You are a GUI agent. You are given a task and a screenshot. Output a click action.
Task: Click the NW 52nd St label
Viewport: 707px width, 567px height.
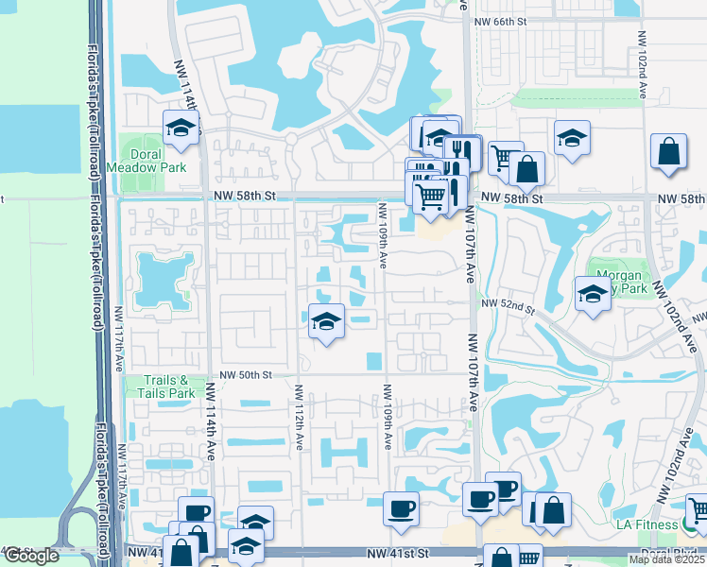tap(507, 304)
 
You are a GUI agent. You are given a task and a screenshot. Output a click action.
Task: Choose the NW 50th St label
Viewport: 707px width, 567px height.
tap(245, 375)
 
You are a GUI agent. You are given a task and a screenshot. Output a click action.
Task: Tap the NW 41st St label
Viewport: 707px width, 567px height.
tap(398, 552)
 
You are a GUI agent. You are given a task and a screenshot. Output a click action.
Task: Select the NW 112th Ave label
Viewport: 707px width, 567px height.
tap(298, 417)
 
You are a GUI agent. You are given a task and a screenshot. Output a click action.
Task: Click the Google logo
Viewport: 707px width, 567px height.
tap(31, 556)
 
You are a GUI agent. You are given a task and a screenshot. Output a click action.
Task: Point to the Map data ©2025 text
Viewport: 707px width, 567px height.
tap(667, 559)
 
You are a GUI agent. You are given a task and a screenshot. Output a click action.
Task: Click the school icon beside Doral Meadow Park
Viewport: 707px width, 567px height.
tap(180, 128)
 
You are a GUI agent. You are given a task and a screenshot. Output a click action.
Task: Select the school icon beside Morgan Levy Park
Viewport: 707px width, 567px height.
tap(593, 292)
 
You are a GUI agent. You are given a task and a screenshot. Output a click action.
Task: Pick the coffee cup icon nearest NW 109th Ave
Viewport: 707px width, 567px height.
tap(401, 508)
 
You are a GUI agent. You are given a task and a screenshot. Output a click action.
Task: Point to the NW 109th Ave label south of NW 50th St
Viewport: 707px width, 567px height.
tap(387, 417)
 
